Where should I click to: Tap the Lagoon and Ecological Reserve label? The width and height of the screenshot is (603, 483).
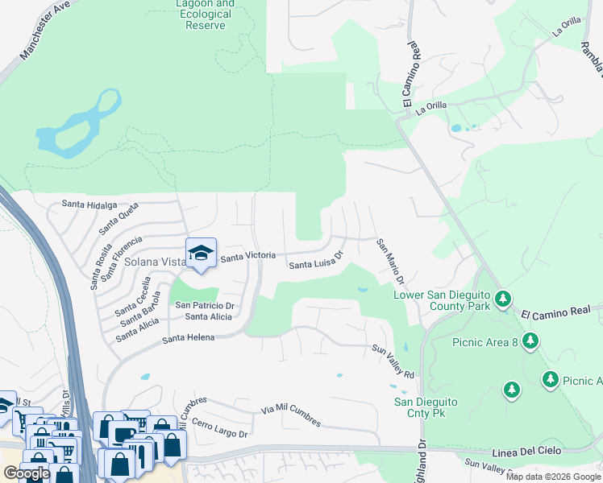203,14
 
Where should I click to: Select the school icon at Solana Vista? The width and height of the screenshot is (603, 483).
201,254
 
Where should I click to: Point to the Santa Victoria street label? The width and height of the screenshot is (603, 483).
248,257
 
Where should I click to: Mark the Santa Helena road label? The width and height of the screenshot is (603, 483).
189,338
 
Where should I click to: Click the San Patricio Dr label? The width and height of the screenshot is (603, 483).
205,306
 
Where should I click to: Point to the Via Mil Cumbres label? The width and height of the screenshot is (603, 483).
290,415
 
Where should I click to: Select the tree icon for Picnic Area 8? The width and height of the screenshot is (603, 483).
530,342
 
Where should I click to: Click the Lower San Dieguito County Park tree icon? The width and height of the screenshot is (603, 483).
503,300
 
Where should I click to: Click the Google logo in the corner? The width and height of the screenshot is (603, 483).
27,473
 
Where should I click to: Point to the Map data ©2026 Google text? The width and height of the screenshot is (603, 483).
553,477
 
